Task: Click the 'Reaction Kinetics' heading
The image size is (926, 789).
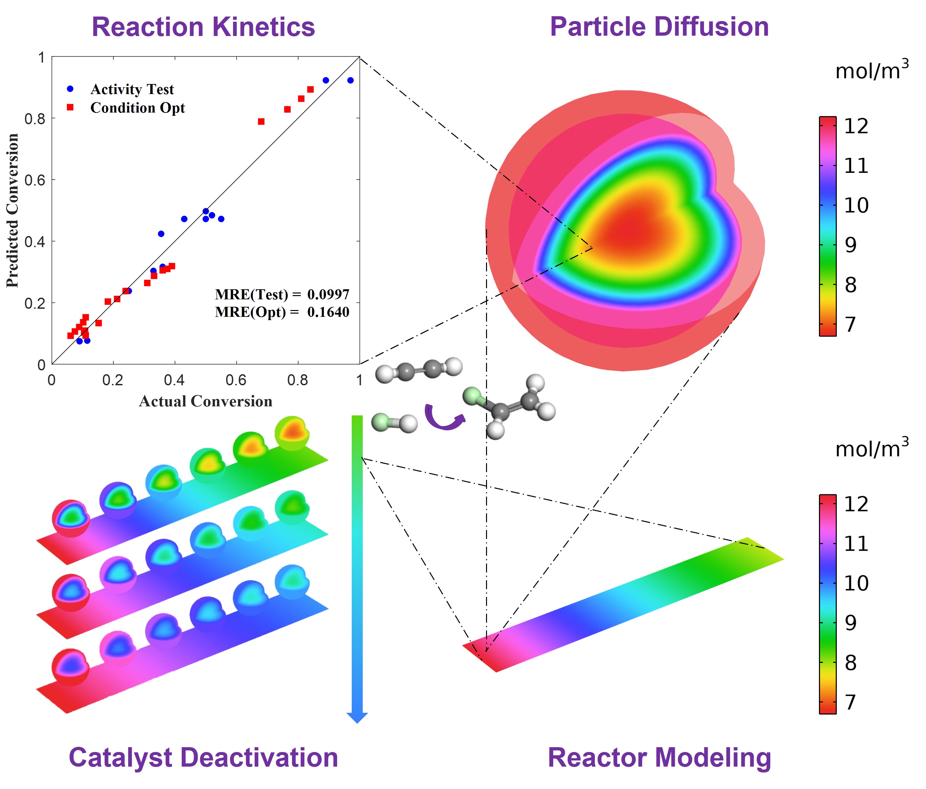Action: tap(203, 27)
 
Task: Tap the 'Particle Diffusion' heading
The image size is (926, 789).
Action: tap(659, 27)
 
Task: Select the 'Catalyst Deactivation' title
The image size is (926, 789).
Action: tap(203, 758)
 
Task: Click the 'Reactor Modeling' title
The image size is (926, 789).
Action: tap(659, 758)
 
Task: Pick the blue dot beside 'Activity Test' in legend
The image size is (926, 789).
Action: tap(70, 89)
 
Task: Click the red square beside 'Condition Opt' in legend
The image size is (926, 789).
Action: tap(70, 107)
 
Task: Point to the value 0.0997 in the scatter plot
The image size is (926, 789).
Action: tap(328, 294)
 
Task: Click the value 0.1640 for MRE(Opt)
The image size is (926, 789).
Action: tap(328, 312)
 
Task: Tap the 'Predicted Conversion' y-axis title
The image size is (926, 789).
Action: tap(13, 210)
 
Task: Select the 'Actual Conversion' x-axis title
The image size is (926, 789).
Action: tap(206, 401)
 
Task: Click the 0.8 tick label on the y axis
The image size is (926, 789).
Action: tap(35, 119)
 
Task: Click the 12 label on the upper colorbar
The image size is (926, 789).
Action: tap(856, 126)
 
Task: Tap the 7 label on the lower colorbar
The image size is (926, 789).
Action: tap(850, 702)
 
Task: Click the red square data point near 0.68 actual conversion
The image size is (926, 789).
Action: tap(262, 122)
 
